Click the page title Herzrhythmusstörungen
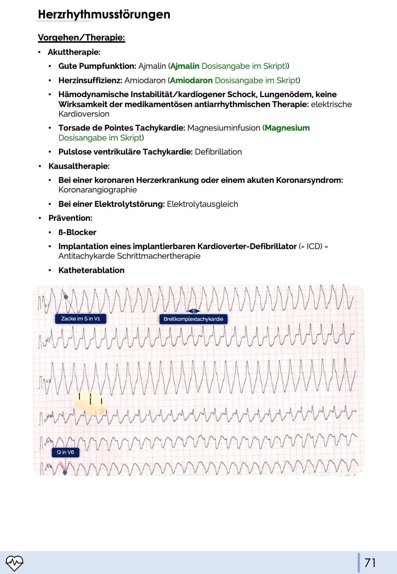tap(104, 15)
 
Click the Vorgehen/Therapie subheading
tap(81, 38)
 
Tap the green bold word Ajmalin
tap(185, 66)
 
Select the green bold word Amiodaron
tap(191, 81)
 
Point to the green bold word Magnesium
tap(287, 128)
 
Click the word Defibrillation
tap(218, 152)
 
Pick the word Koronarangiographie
tap(97, 190)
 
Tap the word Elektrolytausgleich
tap(202, 204)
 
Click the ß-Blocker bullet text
tap(77, 233)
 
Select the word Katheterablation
tap(91, 270)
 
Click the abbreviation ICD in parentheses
tap(314, 247)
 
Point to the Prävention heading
tap(70, 218)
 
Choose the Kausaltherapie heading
tap(79, 166)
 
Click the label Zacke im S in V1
tap(81, 319)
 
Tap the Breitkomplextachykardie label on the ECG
tap(193, 319)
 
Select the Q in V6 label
tap(65, 452)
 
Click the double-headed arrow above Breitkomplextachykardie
tap(193, 311)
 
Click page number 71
tap(370, 563)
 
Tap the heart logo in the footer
tap(14, 563)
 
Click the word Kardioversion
tap(84, 114)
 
